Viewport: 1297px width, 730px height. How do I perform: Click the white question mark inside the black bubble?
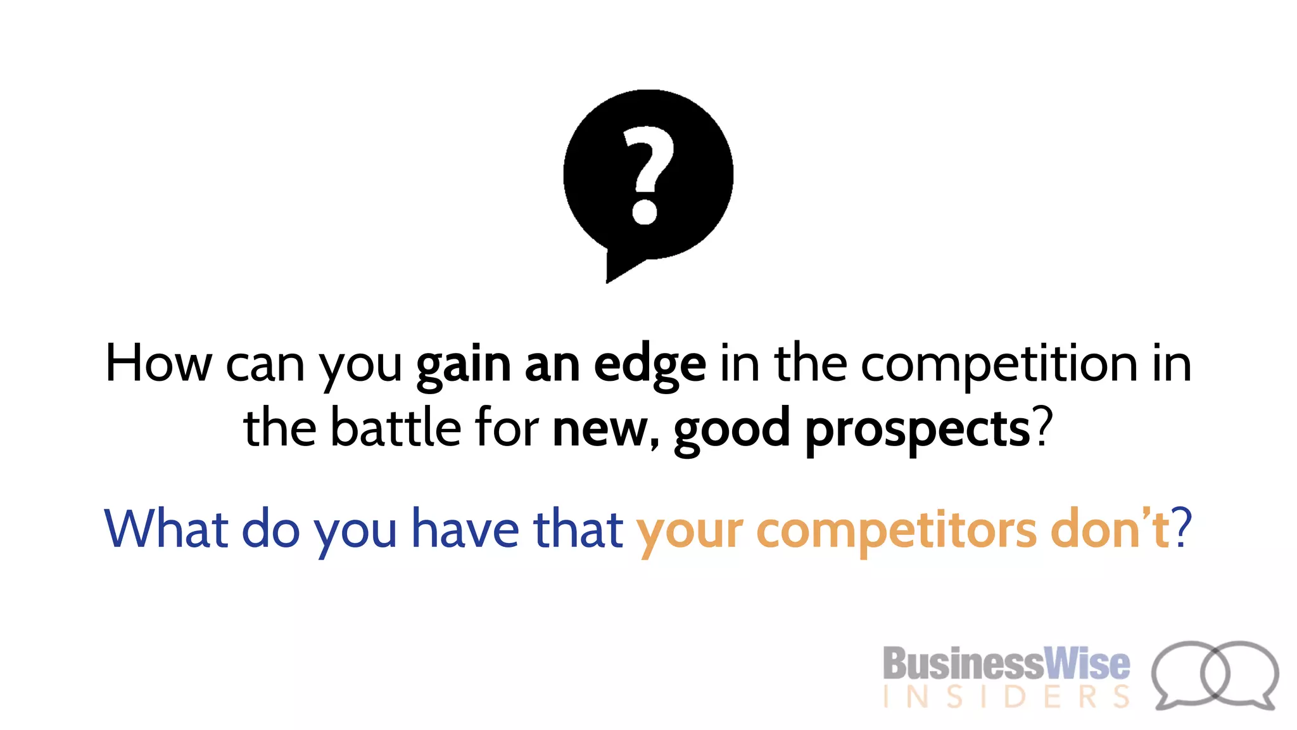(646, 175)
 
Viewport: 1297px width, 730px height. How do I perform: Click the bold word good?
(731, 431)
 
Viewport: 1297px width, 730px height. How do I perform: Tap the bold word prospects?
(918, 431)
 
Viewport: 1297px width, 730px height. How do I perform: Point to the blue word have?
(465, 528)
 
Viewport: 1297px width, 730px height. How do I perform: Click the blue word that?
(578, 528)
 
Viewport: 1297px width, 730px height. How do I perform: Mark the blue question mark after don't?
(1182, 527)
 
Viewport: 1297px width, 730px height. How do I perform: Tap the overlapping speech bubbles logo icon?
(1214, 674)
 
